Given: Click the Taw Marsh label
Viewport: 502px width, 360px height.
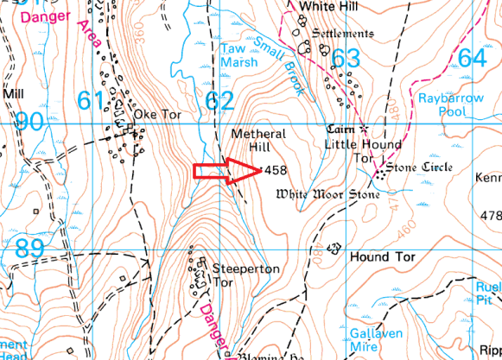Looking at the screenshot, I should pos(239,55).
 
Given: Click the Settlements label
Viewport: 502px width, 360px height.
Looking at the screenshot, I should pos(343,34).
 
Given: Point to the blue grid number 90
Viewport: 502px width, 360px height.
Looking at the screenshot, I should pos(30,122).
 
